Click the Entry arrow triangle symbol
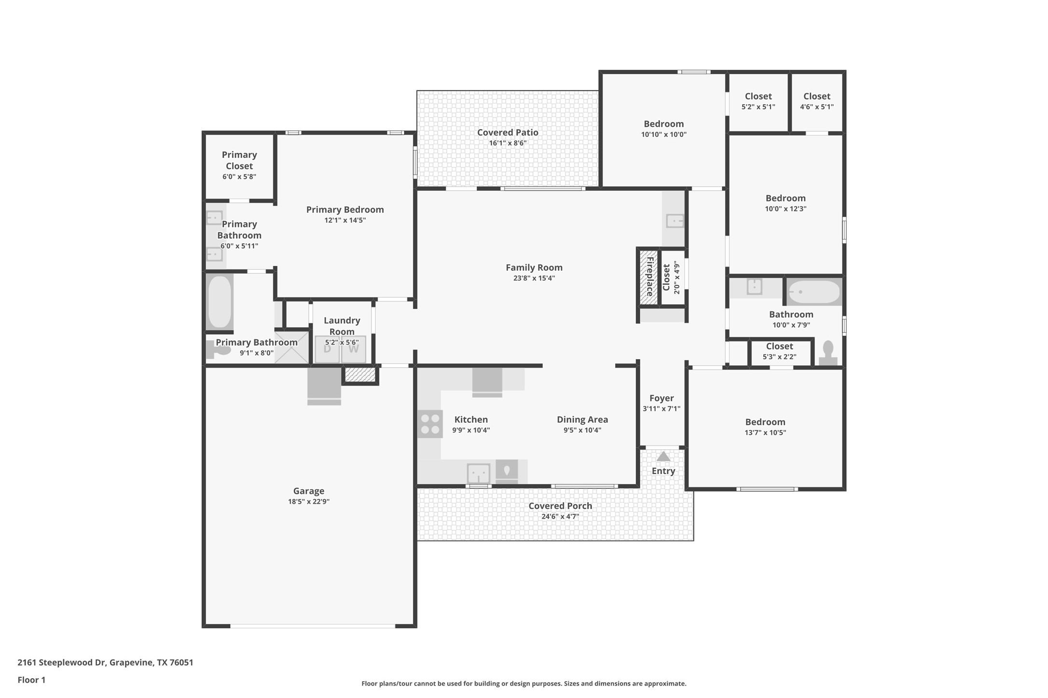click(663, 456)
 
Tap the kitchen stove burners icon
click(430, 424)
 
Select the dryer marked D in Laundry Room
click(327, 349)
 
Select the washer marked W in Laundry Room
click(354, 349)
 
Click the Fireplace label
click(649, 277)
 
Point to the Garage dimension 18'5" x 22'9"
click(309, 501)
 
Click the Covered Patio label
click(508, 132)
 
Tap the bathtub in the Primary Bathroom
click(220, 302)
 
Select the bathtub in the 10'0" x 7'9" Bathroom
click(814, 292)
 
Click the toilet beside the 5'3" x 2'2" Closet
click(828, 352)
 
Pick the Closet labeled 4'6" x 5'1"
click(816, 101)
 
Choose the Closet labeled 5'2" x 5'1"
click(758, 101)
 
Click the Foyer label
click(661, 398)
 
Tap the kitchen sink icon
click(478, 473)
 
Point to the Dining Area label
click(582, 419)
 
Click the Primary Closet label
click(239, 160)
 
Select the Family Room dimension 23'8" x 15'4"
click(534, 278)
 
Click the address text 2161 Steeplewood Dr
click(62, 662)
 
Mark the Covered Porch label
click(560, 506)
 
